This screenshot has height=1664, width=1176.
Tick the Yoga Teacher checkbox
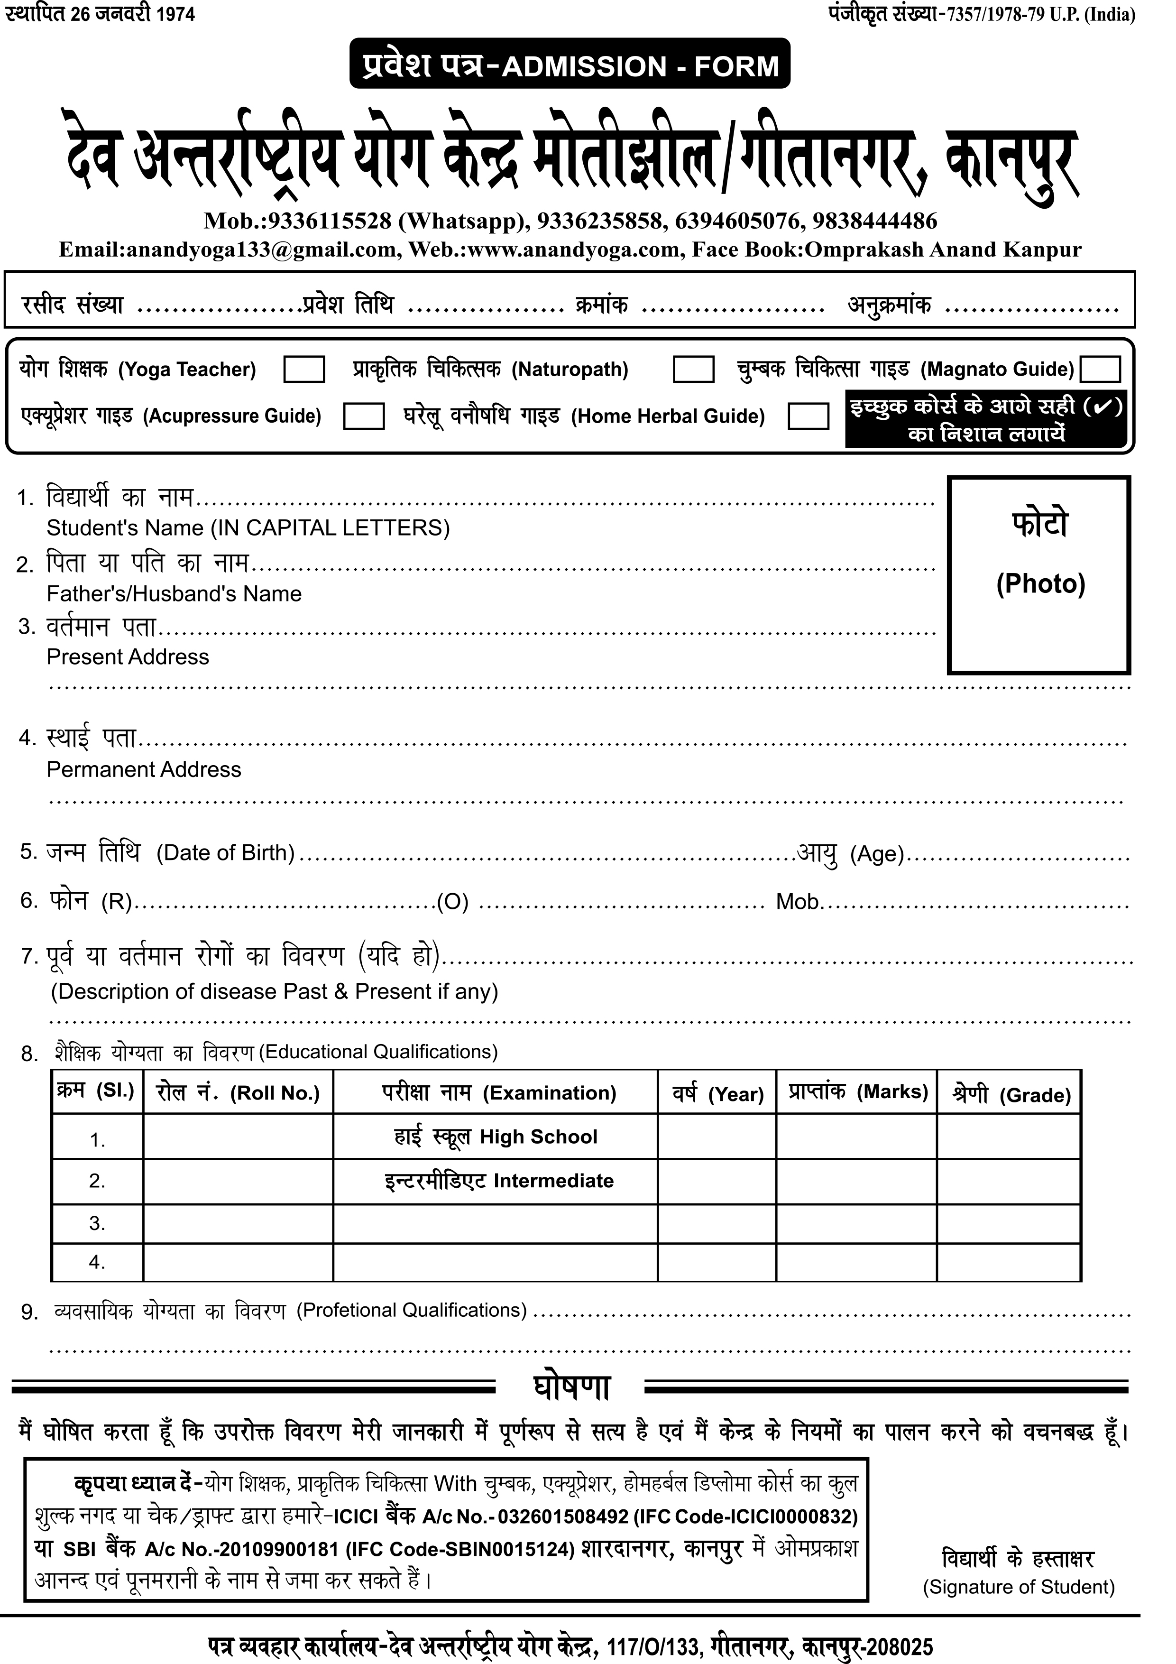click(x=303, y=369)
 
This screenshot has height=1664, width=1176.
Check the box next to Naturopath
click(x=693, y=369)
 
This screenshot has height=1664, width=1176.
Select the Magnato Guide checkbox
click(x=1100, y=369)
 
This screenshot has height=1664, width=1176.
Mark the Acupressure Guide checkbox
click(x=363, y=416)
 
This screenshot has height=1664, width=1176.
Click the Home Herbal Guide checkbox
click(x=808, y=416)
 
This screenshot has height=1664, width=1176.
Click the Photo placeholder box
click(x=1039, y=575)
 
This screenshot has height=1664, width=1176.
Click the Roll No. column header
click(x=238, y=1093)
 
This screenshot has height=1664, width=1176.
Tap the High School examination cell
click(x=495, y=1137)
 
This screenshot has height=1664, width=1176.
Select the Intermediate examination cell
click(x=498, y=1181)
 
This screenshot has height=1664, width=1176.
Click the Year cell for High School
click(x=717, y=1137)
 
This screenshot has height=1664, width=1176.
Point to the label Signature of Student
click(x=1018, y=1587)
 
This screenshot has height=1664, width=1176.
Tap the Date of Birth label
click(x=225, y=852)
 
